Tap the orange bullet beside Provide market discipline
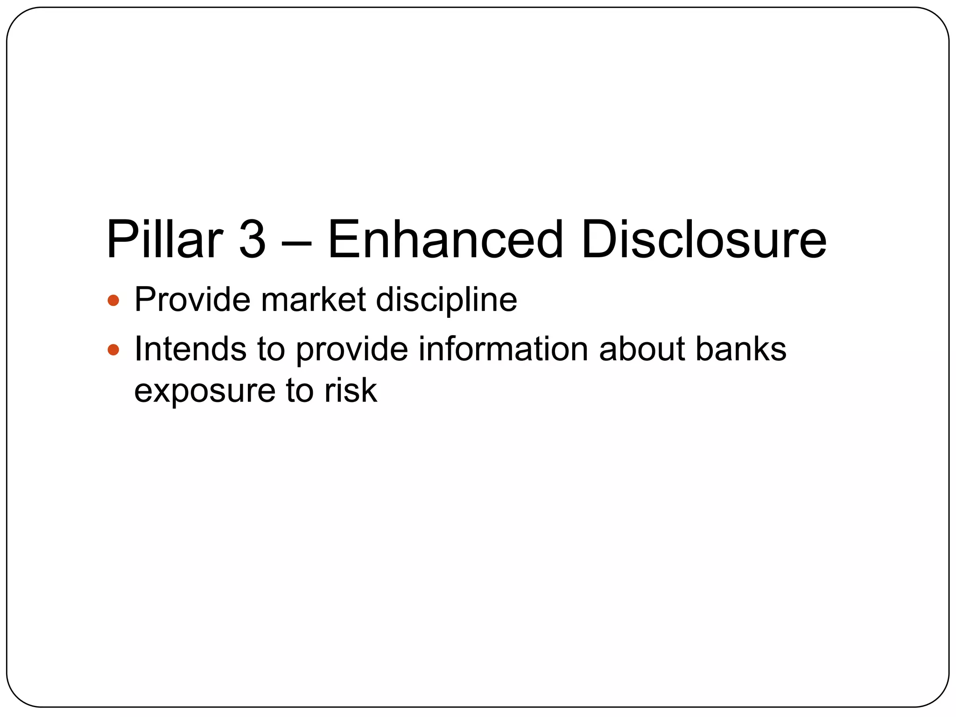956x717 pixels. point(113,300)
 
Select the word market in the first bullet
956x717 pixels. point(313,300)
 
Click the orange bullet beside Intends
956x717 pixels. point(113,349)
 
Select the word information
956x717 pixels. point(503,349)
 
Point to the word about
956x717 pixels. point(642,349)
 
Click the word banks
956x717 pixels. point(741,349)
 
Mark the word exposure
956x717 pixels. point(204,392)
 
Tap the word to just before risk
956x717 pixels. point(300,391)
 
